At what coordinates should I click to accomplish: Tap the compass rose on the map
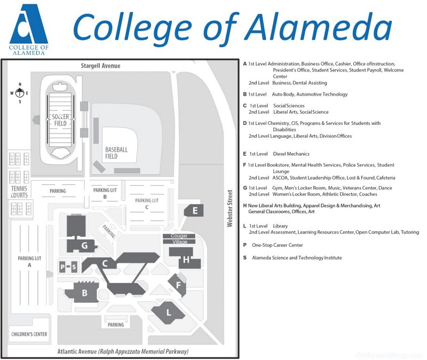point(20,93)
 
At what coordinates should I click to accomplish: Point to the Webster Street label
point(230,209)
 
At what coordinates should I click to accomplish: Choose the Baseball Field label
point(116,153)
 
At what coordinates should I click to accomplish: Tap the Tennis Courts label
point(19,192)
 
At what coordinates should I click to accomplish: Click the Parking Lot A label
point(29,261)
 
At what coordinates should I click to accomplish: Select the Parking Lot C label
point(147,204)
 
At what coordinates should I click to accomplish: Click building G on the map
point(84,246)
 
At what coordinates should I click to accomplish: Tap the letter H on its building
point(186,260)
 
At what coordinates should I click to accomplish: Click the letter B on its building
point(84,293)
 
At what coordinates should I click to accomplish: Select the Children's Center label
point(29,334)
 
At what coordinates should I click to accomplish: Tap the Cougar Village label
point(179,239)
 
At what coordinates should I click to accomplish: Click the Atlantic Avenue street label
point(123,352)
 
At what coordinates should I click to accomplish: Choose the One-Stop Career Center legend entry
point(277,245)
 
